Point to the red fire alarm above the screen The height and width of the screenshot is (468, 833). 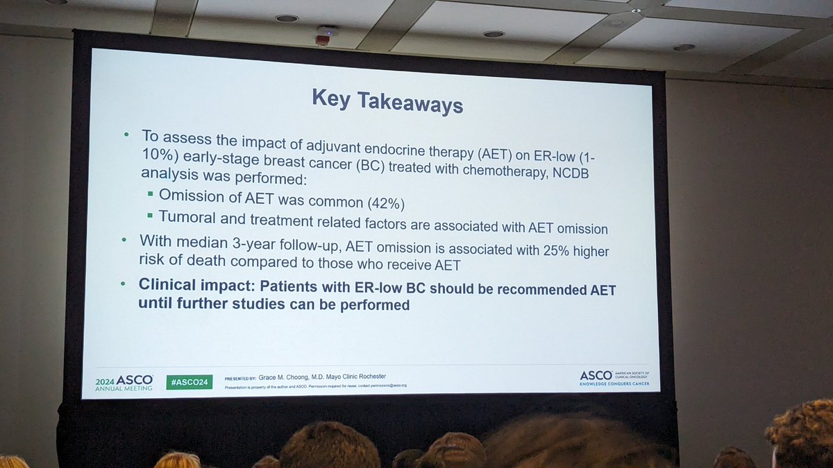tap(322, 40)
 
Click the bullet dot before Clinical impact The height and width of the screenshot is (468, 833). tap(124, 284)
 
